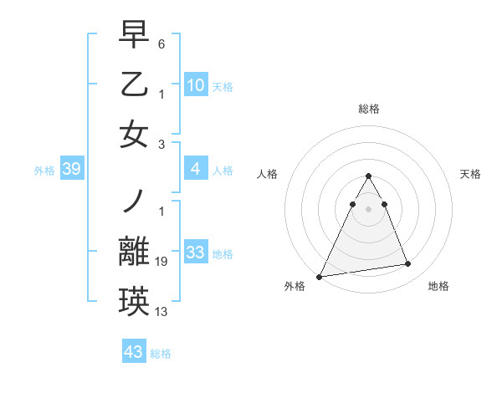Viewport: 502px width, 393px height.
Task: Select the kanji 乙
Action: (134, 84)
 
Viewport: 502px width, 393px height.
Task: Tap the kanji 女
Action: (134, 135)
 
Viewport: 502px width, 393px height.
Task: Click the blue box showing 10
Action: (195, 85)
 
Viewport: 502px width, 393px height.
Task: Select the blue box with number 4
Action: (195, 170)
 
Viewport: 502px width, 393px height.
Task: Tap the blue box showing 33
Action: (195, 253)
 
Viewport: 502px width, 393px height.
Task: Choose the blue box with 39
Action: (71, 170)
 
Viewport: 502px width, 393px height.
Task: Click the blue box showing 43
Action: (133, 352)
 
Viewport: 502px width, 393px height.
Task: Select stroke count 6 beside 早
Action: (161, 43)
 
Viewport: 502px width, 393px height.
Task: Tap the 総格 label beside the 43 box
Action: (161, 354)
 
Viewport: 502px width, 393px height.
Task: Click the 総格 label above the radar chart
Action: (368, 109)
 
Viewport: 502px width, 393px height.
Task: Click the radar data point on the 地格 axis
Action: (408, 264)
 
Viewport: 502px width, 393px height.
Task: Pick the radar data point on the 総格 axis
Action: (368, 176)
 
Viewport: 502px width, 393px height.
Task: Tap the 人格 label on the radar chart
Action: (267, 174)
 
